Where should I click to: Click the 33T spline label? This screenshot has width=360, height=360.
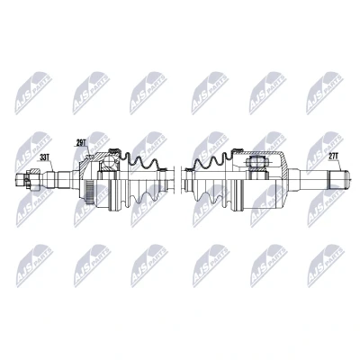[44, 157]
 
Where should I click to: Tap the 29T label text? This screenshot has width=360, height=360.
[80, 143]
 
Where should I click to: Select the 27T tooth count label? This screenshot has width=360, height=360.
[334, 157]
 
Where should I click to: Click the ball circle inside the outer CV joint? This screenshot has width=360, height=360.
[108, 164]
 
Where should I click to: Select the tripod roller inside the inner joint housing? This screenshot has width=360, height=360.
[256, 163]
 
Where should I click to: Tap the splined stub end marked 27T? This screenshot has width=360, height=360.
[338, 179]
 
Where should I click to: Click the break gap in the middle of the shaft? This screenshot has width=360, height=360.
[178, 180]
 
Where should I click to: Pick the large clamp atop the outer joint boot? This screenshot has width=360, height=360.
[114, 150]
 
